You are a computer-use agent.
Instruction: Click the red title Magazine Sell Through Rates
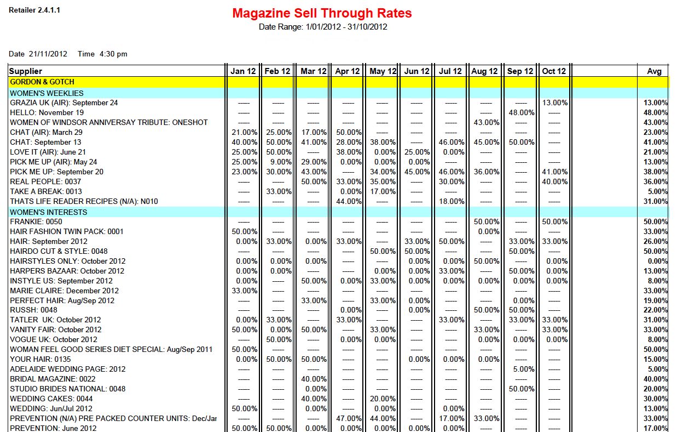[x=322, y=13]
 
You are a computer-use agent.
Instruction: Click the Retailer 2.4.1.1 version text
[x=34, y=10]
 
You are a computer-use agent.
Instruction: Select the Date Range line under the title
[x=323, y=27]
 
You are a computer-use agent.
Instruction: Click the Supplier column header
[x=26, y=71]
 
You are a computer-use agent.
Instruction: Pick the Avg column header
[x=654, y=71]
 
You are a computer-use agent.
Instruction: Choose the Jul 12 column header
[x=450, y=71]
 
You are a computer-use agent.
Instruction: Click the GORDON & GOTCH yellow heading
[x=42, y=82]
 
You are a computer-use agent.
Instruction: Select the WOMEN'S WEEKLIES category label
[x=47, y=93]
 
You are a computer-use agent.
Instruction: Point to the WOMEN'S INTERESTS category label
[x=49, y=212]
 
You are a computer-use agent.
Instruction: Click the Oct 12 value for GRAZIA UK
[x=555, y=103]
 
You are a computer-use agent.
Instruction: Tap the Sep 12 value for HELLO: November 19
[x=521, y=113]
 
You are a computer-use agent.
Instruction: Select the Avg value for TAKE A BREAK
[x=657, y=192]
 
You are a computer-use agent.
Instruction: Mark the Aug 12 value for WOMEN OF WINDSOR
[x=487, y=123]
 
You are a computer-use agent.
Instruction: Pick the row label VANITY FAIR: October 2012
[x=56, y=330]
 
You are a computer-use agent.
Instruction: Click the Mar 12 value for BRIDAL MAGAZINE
[x=314, y=379]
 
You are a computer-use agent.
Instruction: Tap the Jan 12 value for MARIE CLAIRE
[x=245, y=291]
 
